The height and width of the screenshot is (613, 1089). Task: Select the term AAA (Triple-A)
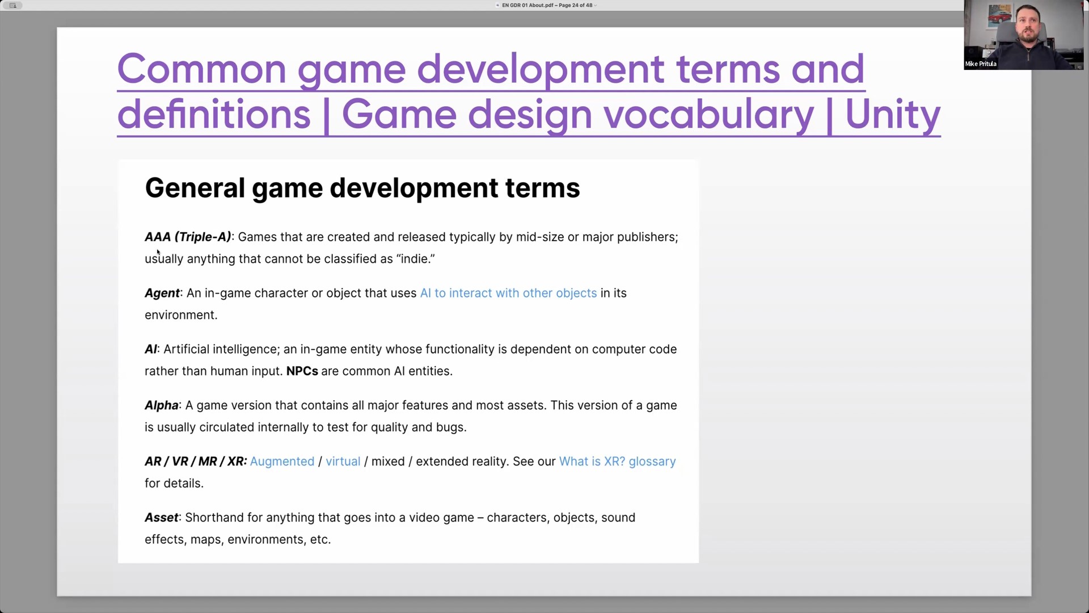pyautogui.click(x=188, y=237)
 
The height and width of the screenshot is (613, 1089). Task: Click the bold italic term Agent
pyautogui.click(x=162, y=293)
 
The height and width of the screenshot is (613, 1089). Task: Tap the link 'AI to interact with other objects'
pyautogui.click(x=508, y=293)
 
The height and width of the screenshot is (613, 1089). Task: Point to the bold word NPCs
pyautogui.click(x=302, y=371)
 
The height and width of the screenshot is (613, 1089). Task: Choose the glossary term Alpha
pyautogui.click(x=162, y=406)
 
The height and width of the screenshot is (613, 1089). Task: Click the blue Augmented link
pyautogui.click(x=282, y=462)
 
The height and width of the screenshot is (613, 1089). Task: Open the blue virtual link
pyautogui.click(x=343, y=461)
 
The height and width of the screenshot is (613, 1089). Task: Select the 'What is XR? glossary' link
pyautogui.click(x=618, y=462)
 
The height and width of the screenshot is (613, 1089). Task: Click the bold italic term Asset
pyautogui.click(x=162, y=518)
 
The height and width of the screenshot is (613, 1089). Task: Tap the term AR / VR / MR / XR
pyautogui.click(x=196, y=461)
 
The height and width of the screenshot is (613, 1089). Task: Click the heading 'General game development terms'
pyautogui.click(x=362, y=188)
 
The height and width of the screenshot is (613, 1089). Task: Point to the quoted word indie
pyautogui.click(x=416, y=259)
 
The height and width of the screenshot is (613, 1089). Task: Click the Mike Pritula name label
pyautogui.click(x=981, y=64)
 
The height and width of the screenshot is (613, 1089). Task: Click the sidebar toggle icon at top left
pyautogui.click(x=12, y=5)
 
